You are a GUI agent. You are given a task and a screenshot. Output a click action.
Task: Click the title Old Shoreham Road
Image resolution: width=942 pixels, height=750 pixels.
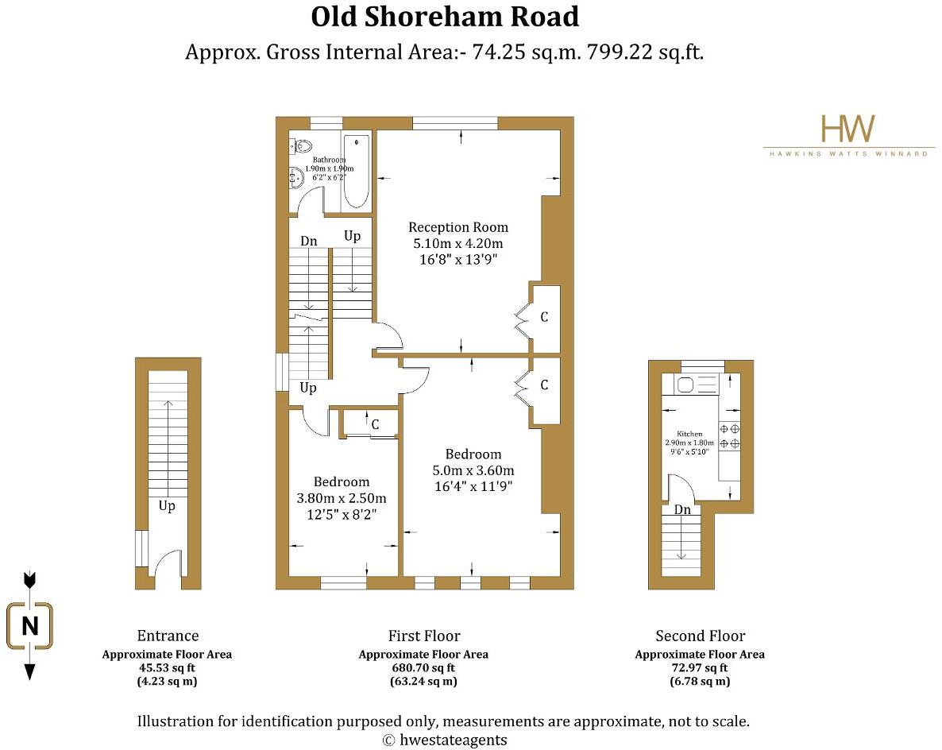pyautogui.click(x=445, y=17)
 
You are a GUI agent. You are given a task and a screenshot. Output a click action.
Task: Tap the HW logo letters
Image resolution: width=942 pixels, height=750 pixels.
pyautogui.click(x=847, y=129)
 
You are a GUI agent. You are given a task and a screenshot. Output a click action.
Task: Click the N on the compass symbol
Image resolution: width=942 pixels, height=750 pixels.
pyautogui.click(x=30, y=626)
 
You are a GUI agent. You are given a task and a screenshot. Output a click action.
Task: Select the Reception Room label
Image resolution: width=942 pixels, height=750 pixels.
pyautogui.click(x=457, y=227)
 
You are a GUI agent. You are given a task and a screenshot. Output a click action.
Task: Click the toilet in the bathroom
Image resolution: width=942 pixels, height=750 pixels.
pyautogui.click(x=301, y=145)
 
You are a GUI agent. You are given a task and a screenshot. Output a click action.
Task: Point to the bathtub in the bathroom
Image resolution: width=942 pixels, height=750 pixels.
pyautogui.click(x=357, y=172)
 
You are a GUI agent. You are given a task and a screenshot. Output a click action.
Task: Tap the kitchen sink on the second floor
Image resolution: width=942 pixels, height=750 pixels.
pyautogui.click(x=686, y=385)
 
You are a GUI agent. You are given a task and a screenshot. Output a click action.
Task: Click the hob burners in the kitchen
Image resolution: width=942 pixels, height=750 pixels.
pyautogui.click(x=729, y=436)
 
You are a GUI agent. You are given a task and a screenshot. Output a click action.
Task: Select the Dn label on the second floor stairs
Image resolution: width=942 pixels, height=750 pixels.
pyautogui.click(x=681, y=509)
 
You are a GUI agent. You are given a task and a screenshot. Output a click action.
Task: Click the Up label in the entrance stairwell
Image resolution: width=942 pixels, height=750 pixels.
pyautogui.click(x=166, y=506)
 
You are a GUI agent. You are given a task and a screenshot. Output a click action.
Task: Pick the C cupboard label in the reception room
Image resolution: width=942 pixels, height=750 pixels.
pyautogui.click(x=544, y=317)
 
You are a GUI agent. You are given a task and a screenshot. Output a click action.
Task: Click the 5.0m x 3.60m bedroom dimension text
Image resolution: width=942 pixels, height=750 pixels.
pyautogui.click(x=473, y=470)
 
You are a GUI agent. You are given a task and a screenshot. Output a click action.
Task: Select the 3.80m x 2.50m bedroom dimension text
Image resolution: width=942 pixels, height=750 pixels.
pyautogui.click(x=342, y=498)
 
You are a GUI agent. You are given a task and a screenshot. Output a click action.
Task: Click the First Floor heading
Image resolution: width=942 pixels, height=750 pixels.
pyautogui.click(x=423, y=636)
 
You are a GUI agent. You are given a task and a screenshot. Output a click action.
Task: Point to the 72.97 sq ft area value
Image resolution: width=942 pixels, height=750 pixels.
pyautogui.click(x=699, y=668)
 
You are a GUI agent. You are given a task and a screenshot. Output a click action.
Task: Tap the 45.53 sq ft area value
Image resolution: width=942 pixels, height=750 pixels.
pyautogui.click(x=167, y=668)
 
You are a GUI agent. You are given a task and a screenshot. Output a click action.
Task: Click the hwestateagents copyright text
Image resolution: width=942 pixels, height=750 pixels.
pyautogui.click(x=445, y=740)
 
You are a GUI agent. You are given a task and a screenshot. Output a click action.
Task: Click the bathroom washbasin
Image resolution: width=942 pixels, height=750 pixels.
pyautogui.click(x=294, y=180)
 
